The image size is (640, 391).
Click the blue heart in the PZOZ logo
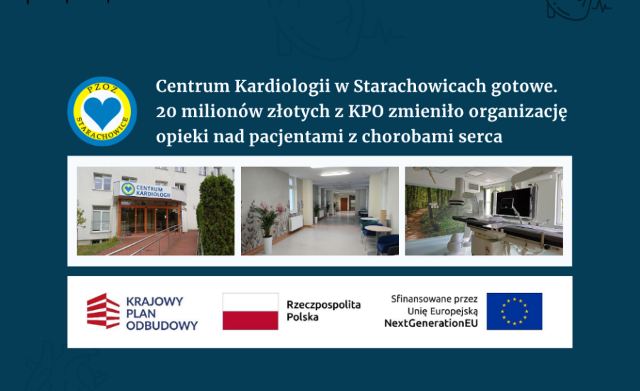point(102,113)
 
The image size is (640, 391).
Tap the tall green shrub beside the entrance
point(216,214)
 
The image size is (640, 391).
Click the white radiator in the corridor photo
point(296,223)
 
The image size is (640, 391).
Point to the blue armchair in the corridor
point(387,244)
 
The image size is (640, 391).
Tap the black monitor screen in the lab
point(513,203)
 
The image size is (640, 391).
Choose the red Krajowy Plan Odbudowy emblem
point(103,311)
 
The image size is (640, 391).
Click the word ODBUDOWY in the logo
point(162,326)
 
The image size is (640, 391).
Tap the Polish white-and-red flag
point(250,311)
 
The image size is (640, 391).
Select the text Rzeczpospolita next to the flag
point(324,305)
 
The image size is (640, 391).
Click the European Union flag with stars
point(514,311)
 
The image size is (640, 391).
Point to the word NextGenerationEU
point(431,323)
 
